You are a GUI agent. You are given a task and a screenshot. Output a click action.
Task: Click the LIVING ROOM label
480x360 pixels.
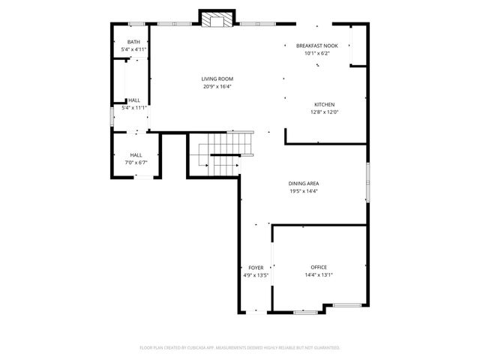[217, 79]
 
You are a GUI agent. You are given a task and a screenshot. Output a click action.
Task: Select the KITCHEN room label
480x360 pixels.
[324, 104]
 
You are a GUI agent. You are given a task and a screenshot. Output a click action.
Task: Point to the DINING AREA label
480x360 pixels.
[303, 183]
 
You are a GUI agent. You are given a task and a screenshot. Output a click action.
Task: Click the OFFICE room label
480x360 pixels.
[319, 267]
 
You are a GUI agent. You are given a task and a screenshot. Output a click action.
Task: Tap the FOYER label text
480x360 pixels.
[256, 268]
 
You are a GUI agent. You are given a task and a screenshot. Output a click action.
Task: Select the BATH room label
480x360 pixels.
[133, 42]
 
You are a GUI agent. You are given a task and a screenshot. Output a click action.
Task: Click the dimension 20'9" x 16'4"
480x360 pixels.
[217, 86]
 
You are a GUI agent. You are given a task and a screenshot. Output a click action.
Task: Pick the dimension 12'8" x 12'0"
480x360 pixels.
[324, 112]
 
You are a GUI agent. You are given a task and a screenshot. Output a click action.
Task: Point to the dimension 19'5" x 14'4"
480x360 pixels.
[303, 190]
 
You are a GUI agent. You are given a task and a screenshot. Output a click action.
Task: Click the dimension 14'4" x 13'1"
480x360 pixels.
[319, 274]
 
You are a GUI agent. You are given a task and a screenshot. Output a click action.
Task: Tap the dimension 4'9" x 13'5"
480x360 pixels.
[256, 275]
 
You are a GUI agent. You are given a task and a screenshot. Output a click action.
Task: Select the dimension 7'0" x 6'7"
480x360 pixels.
[136, 162]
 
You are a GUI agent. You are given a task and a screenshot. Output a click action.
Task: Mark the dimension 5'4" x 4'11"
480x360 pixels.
[133, 49]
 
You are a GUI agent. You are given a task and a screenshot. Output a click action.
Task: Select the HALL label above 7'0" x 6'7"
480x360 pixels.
[136, 154]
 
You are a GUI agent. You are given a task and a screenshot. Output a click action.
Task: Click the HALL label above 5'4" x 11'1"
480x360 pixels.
[133, 100]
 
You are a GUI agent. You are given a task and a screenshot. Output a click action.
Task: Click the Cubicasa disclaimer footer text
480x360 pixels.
[240, 348]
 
